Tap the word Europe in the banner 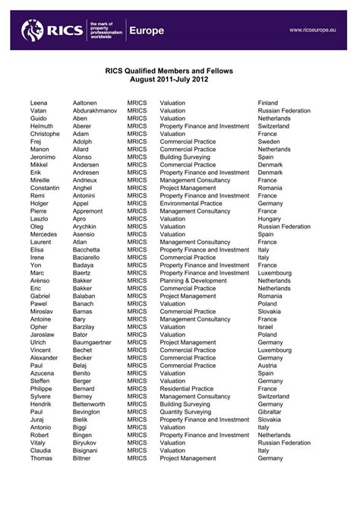point(147,30)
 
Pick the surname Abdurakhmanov point(95,110)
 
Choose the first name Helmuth point(42,127)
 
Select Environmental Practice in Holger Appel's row point(191,204)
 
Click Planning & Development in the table point(194,280)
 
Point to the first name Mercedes point(43,234)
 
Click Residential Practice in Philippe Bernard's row point(187,388)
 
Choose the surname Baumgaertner point(93,342)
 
